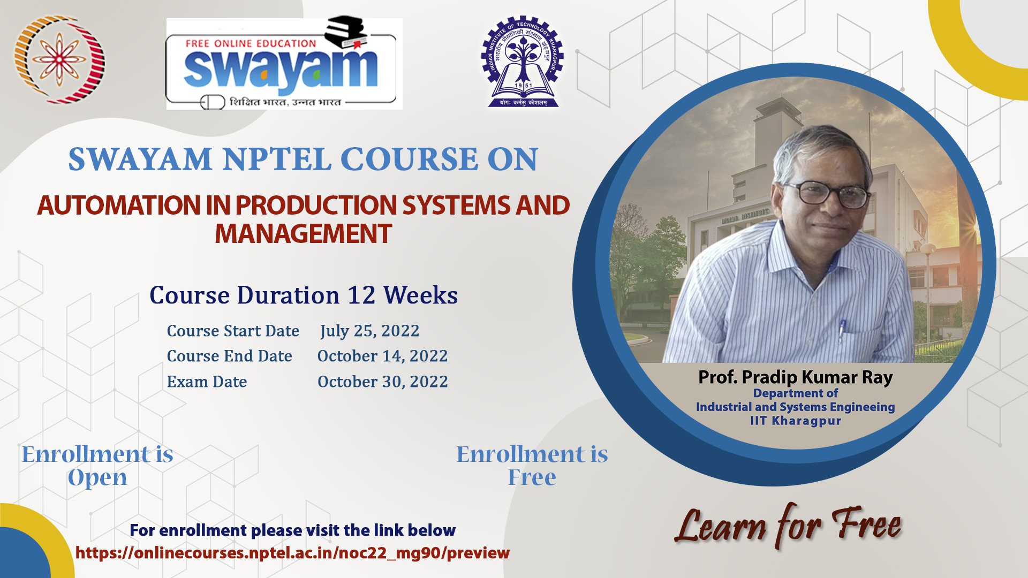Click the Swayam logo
click(284, 64)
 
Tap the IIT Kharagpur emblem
click(523, 62)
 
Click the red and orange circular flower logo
click(59, 59)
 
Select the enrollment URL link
click(292, 553)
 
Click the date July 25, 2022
click(369, 331)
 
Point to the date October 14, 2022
click(382, 356)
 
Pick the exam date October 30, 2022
click(382, 382)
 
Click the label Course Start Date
click(233, 331)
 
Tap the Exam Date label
click(207, 382)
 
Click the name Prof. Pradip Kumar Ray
click(796, 377)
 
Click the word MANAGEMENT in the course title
click(304, 234)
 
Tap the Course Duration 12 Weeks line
click(304, 295)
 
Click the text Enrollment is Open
click(97, 466)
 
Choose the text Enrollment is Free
click(532, 466)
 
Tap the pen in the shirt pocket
click(841, 331)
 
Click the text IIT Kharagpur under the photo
click(796, 421)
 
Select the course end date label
click(230, 356)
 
